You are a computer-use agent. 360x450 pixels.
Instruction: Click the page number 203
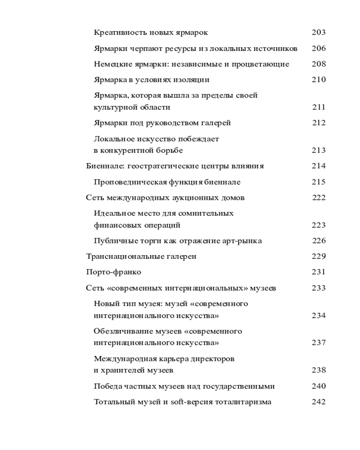(318, 32)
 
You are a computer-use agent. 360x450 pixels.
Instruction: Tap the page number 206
(318, 48)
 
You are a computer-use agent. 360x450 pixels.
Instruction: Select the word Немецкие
(110, 64)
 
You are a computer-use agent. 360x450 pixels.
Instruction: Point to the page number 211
(318, 107)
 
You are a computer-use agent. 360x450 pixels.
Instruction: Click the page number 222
(319, 198)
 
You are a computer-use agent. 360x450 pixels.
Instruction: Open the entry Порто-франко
(113, 272)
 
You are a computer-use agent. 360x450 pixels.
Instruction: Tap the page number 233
(318, 288)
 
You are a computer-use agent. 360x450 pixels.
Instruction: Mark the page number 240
(318, 386)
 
